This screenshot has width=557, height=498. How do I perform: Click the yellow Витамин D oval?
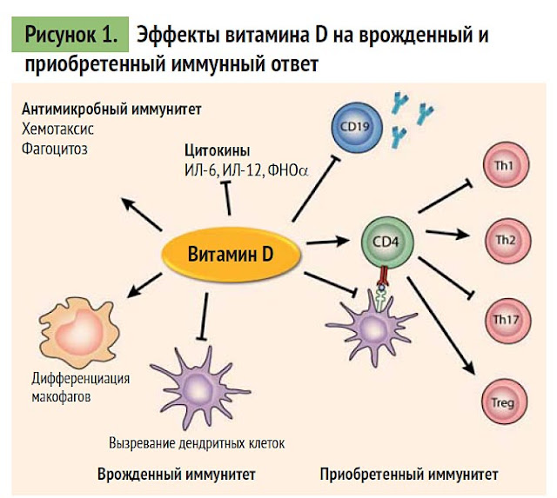coord(231,254)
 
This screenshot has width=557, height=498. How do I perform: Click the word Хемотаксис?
coord(57,129)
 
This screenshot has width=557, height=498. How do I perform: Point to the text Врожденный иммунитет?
coord(177,475)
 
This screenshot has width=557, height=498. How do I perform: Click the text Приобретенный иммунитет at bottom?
coord(409,475)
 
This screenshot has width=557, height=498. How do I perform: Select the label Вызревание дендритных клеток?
coord(197,442)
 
